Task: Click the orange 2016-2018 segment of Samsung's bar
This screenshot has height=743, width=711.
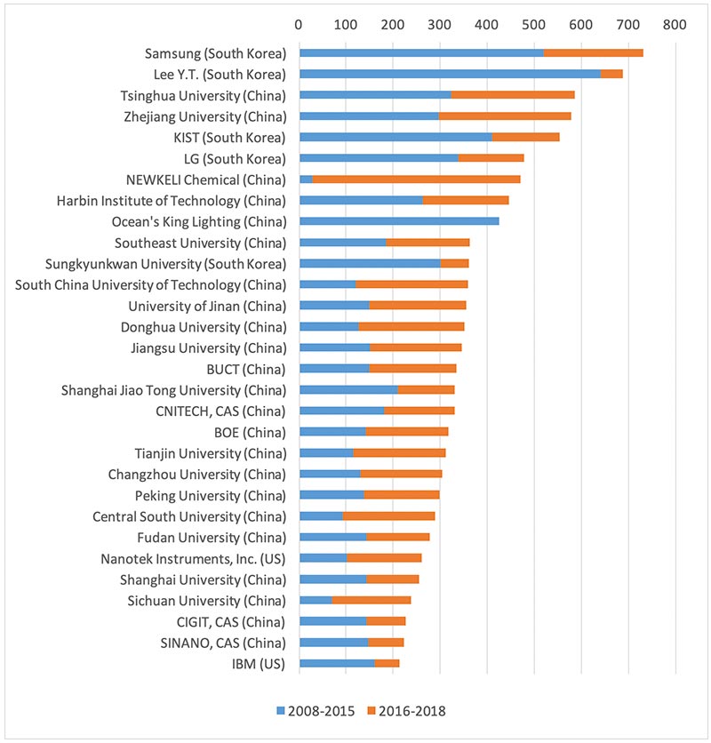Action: [x=593, y=52]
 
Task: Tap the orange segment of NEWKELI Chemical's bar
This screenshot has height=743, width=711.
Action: [x=365, y=180]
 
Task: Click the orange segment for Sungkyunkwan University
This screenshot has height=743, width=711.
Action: [x=454, y=263]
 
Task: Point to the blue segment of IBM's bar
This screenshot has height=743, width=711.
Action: [x=337, y=663]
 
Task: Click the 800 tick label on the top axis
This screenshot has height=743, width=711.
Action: [x=675, y=25]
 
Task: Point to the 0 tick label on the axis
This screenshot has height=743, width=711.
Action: [x=300, y=25]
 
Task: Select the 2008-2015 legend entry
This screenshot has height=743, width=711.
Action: [x=316, y=710]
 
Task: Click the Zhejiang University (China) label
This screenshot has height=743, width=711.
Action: [x=204, y=116]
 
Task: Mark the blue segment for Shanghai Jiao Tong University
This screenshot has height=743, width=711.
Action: [x=348, y=389]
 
